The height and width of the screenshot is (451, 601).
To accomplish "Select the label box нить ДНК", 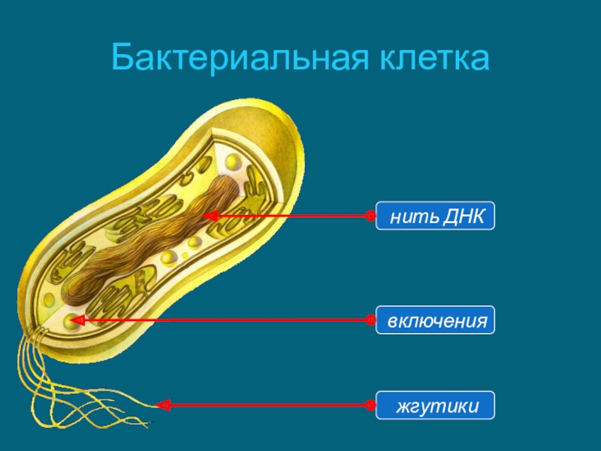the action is pyautogui.click(x=436, y=216).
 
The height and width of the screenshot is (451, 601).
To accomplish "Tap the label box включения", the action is pyautogui.click(x=436, y=320).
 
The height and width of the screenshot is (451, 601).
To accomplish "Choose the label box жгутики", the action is pyautogui.click(x=436, y=406).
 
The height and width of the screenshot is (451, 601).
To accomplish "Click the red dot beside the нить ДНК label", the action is pyautogui.click(x=370, y=216).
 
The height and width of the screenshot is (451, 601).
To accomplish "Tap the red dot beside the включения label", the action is pyautogui.click(x=370, y=320).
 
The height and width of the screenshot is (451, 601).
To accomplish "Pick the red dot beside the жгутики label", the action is pyautogui.click(x=370, y=406).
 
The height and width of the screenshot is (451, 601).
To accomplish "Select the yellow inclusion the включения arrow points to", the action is pyautogui.click(x=70, y=322).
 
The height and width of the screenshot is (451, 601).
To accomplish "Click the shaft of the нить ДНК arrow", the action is pyautogui.click(x=293, y=216).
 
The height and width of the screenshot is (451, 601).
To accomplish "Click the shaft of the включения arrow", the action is pyautogui.click(x=225, y=320).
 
